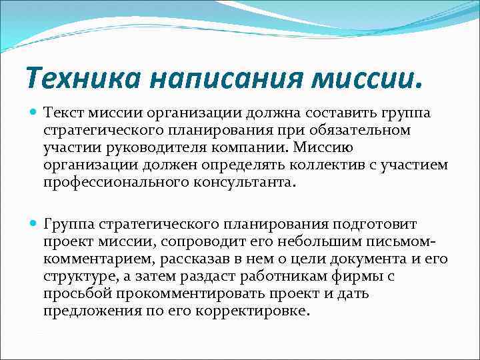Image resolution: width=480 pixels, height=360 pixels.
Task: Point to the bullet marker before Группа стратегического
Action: pos(33,224)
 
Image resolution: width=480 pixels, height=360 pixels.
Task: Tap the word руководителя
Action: pos(160,148)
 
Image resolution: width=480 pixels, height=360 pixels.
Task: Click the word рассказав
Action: pos(205,259)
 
